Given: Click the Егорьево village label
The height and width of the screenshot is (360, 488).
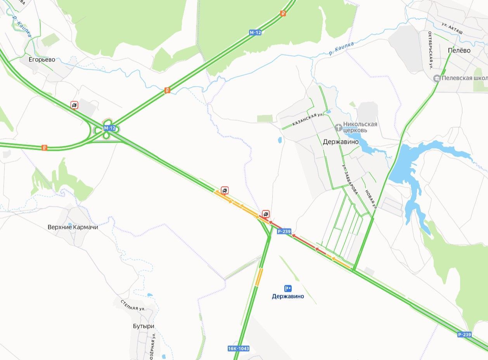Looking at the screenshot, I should pyautogui.click(x=42, y=60).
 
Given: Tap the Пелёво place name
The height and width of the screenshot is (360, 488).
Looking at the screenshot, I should pyautogui.click(x=459, y=50).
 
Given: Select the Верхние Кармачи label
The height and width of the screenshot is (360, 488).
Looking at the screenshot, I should pyautogui.click(x=73, y=227).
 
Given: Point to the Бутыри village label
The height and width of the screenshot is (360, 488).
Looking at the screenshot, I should pyautogui.click(x=144, y=326).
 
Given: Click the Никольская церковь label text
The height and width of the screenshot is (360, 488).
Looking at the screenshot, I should pyautogui.click(x=360, y=127).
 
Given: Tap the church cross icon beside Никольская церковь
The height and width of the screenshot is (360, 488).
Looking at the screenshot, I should pyautogui.click(x=338, y=127).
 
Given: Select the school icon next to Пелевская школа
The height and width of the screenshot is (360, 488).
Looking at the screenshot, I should pyautogui.click(x=437, y=78).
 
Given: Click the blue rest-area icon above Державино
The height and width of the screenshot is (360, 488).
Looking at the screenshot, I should pyautogui.click(x=288, y=288).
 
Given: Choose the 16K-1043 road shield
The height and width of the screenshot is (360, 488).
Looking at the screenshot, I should pyautogui.click(x=238, y=348).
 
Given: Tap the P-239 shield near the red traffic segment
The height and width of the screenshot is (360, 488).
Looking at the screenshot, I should pyautogui.click(x=284, y=232).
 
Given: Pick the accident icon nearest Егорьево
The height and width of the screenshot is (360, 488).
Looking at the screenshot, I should pyautogui.click(x=74, y=105).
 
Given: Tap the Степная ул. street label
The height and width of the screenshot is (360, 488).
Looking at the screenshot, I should pyautogui.click(x=133, y=305).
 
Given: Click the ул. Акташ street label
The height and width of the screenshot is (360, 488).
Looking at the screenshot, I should pyautogui.click(x=452, y=29).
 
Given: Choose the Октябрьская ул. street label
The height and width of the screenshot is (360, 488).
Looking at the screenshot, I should pyautogui.click(x=431, y=50).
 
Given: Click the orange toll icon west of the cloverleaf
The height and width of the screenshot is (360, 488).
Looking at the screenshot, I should pyautogui.click(x=44, y=147).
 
